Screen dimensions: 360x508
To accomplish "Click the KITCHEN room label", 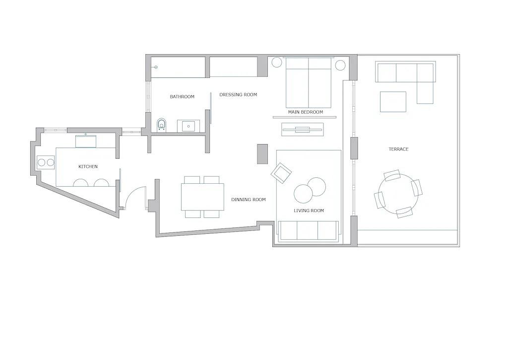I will point(88,167).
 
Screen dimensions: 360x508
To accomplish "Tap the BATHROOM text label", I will point(182,97).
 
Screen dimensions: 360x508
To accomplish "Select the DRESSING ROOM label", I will point(238,95).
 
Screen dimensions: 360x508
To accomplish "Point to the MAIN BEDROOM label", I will point(305,112).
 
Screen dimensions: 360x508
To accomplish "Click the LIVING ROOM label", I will point(309,211).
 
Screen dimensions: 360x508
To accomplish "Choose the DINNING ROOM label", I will point(248,200).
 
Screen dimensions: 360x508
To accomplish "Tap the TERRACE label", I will point(398,149).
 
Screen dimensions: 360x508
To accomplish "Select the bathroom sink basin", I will point(189,126).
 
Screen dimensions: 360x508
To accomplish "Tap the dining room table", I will point(202,197).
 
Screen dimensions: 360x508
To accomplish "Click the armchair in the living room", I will point(281,173).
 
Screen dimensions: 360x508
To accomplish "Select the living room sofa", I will point(308,230).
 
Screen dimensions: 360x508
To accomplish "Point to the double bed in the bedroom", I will point(308,82).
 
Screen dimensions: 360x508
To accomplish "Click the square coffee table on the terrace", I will point(393,102).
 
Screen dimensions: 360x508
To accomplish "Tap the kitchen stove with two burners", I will point(45,162).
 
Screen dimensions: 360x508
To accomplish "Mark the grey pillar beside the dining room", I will point(262,154).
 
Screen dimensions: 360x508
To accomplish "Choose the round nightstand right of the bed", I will point(340,65).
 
